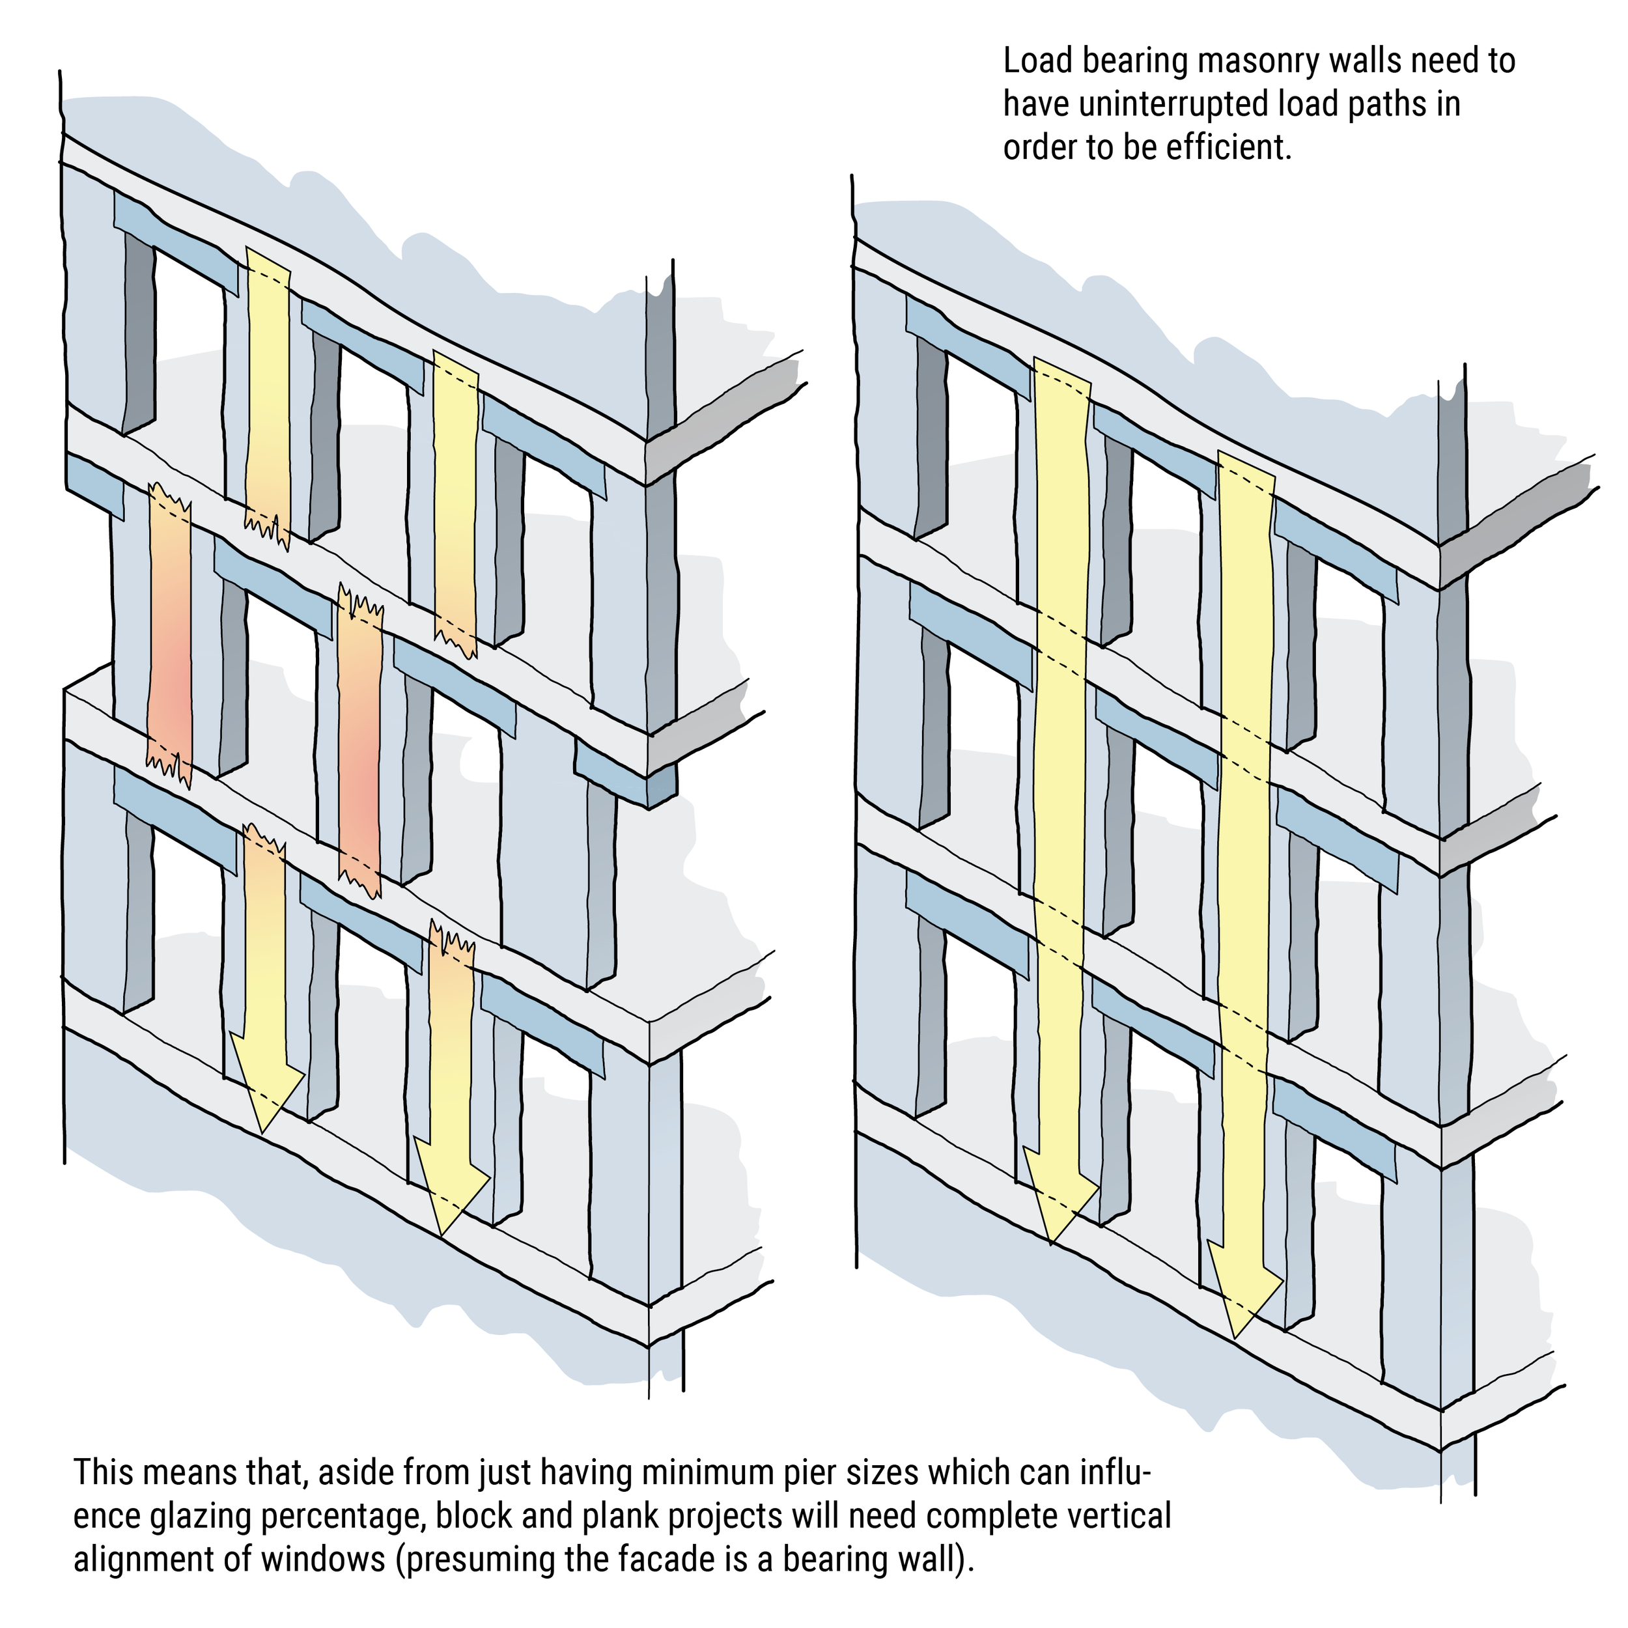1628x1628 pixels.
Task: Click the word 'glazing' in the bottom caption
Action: [201, 1515]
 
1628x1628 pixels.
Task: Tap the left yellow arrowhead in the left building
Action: [264, 1095]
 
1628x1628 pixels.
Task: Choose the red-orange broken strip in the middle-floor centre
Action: [359, 742]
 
